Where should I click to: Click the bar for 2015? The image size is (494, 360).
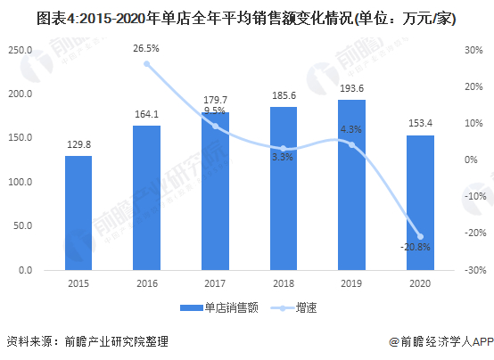(78, 213)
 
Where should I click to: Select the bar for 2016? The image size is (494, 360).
(146, 198)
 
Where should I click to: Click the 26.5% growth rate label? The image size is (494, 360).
(147, 48)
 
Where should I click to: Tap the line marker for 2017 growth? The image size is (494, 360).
(215, 126)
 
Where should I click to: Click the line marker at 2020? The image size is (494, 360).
(420, 236)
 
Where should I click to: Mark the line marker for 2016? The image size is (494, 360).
(147, 63)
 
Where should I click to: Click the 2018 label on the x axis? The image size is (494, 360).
(284, 284)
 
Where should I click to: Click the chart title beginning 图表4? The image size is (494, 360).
(247, 17)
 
